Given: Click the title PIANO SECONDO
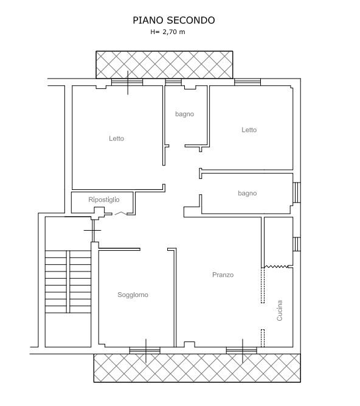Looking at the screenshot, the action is [x=174, y=20].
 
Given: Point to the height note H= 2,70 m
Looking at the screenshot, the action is [x=168, y=32].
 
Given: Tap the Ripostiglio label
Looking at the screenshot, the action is [x=104, y=200].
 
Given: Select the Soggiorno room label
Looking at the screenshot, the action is [x=133, y=295].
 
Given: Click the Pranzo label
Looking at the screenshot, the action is [x=223, y=275].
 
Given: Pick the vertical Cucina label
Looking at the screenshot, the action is [x=280, y=310].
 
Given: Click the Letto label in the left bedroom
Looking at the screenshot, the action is [x=116, y=139].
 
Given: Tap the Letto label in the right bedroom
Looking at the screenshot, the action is [x=249, y=130].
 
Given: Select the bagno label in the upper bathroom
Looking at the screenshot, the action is [x=185, y=114].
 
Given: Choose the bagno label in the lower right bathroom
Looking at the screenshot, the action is [x=247, y=193].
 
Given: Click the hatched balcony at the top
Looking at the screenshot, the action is [x=164, y=65].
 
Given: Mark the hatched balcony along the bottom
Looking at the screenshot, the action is [x=197, y=368].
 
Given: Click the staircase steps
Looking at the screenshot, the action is [x=68, y=281].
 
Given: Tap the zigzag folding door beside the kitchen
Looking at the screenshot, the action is [x=276, y=267].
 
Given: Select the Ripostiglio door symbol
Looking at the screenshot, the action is [x=120, y=214].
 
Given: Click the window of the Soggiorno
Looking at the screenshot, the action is [x=145, y=351].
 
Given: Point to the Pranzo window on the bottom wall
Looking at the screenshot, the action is [x=241, y=351].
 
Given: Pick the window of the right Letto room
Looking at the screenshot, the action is [x=247, y=82].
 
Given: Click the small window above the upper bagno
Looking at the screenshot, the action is [x=173, y=82].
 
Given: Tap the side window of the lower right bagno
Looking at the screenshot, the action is [x=297, y=192].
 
